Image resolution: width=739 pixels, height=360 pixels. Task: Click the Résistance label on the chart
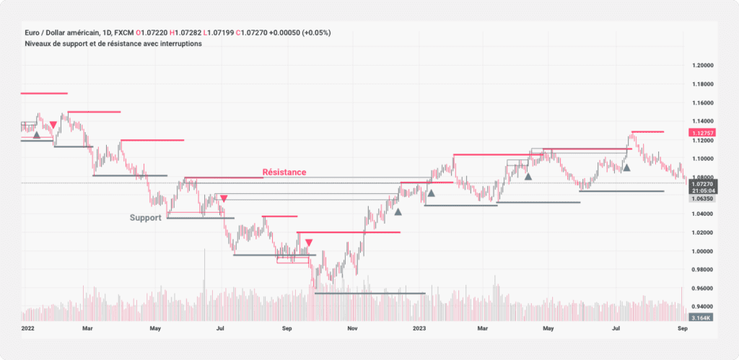pyautogui.click(x=284, y=172)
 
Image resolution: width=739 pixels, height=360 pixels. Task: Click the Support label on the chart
pyautogui.click(x=145, y=217)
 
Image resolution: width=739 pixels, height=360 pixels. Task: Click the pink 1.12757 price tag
pyautogui.click(x=703, y=133)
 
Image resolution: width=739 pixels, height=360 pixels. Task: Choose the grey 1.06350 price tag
pyautogui.click(x=702, y=198)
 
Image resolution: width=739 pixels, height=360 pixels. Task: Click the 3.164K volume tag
pyautogui.click(x=701, y=317)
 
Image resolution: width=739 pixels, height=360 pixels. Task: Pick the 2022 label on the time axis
pyautogui.click(x=29, y=328)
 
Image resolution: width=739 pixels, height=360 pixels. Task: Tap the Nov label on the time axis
pyautogui.click(x=353, y=328)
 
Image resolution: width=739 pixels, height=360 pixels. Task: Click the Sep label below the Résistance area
pyautogui.click(x=287, y=328)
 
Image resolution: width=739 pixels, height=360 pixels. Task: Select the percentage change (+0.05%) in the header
pyautogui.click(x=315, y=33)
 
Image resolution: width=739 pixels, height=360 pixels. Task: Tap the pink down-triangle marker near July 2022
pyautogui.click(x=224, y=198)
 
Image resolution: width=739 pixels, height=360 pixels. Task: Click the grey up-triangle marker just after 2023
pyautogui.click(x=431, y=193)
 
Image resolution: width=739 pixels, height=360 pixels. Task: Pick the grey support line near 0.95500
pyautogui.click(x=369, y=294)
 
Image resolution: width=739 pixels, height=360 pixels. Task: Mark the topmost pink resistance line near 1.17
pyautogui.click(x=43, y=93)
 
